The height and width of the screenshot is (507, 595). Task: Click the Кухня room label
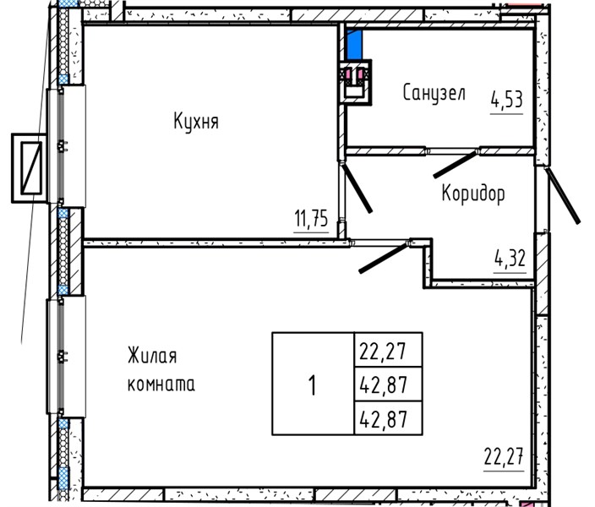196,122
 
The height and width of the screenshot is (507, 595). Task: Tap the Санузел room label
434,93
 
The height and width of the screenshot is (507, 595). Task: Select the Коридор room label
473,194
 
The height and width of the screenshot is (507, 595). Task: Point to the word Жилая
152,356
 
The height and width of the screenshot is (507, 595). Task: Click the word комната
161,384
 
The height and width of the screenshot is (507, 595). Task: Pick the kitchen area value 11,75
311,219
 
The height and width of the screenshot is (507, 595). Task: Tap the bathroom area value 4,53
506,100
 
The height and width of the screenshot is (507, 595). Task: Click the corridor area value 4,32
510,259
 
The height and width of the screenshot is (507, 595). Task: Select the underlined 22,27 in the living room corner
504,457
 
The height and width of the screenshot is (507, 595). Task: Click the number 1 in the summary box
313,384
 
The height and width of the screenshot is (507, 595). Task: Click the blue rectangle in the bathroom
354,45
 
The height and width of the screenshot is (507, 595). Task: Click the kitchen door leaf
357,188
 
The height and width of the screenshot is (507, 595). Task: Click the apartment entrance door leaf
563,195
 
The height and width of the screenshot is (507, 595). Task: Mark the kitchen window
66,146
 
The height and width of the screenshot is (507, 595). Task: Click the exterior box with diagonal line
30,168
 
